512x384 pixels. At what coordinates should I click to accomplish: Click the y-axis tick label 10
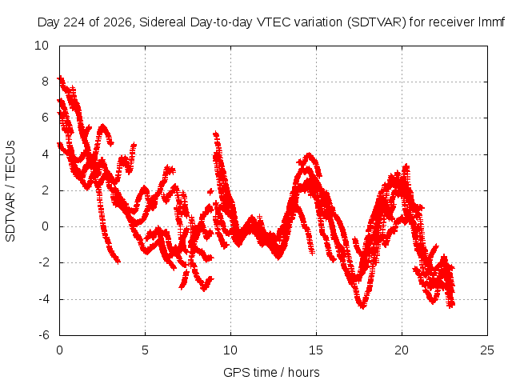point(42,46)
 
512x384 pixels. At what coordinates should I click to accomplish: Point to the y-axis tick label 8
point(45,82)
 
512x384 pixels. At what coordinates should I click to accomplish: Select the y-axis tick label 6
point(45,118)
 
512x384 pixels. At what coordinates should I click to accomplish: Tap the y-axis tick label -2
point(43,262)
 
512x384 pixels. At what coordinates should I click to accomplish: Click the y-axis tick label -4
point(43,298)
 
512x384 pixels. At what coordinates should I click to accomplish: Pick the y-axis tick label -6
point(43,335)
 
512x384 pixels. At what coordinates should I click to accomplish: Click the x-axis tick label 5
point(145,350)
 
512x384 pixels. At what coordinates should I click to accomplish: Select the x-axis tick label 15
point(316,350)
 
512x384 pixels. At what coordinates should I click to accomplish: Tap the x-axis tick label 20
point(402,350)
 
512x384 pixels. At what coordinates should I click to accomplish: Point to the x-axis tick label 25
point(487,350)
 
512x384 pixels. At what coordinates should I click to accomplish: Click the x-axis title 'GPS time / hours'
point(271,373)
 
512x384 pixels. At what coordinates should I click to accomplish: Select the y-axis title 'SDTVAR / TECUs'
point(10,191)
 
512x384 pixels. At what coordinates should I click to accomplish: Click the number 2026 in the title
point(118,22)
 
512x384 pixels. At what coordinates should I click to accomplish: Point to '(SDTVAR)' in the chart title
point(377,22)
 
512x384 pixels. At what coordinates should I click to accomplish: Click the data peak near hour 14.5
point(308,154)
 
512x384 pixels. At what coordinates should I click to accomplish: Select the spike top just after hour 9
point(216,134)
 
